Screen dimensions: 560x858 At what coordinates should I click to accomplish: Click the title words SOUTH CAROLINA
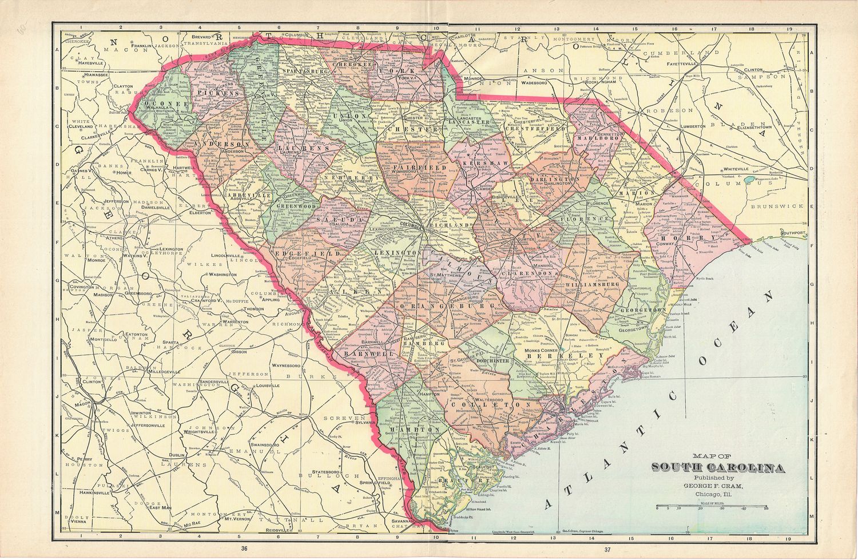[718, 468]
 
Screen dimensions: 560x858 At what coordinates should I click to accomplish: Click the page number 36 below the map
[244, 549]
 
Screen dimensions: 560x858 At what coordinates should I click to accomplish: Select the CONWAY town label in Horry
[661, 243]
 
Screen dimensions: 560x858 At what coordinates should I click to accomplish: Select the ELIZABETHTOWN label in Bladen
[748, 127]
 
